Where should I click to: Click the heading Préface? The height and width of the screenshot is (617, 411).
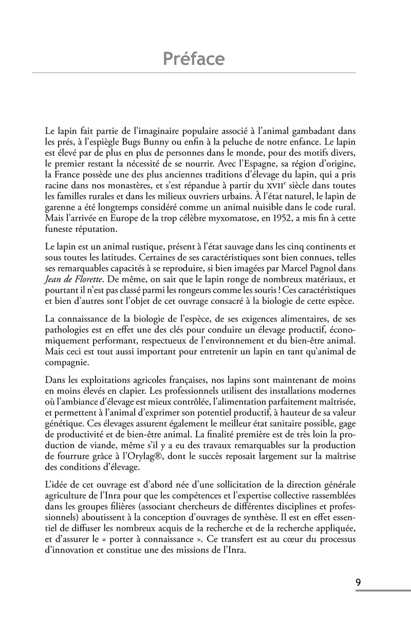(194, 59)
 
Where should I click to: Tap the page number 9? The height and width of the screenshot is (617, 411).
(358, 583)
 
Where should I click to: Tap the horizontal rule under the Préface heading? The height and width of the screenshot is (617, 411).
(194, 73)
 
